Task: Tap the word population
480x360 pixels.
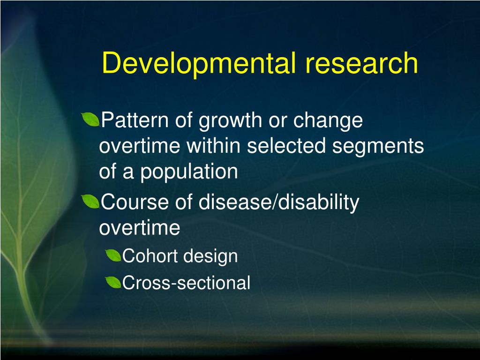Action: [189, 172]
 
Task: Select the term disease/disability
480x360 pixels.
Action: [279, 203]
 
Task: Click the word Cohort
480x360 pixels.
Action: [149, 256]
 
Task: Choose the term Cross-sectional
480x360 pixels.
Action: [186, 283]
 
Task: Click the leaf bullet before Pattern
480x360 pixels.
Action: [90, 120]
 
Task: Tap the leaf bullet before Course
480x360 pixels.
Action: [90, 202]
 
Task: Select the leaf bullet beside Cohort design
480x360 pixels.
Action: [113, 256]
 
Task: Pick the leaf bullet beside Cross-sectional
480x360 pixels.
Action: [113, 282]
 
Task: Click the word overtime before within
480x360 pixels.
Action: [140, 147]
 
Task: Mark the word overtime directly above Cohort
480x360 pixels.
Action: [139, 228]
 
